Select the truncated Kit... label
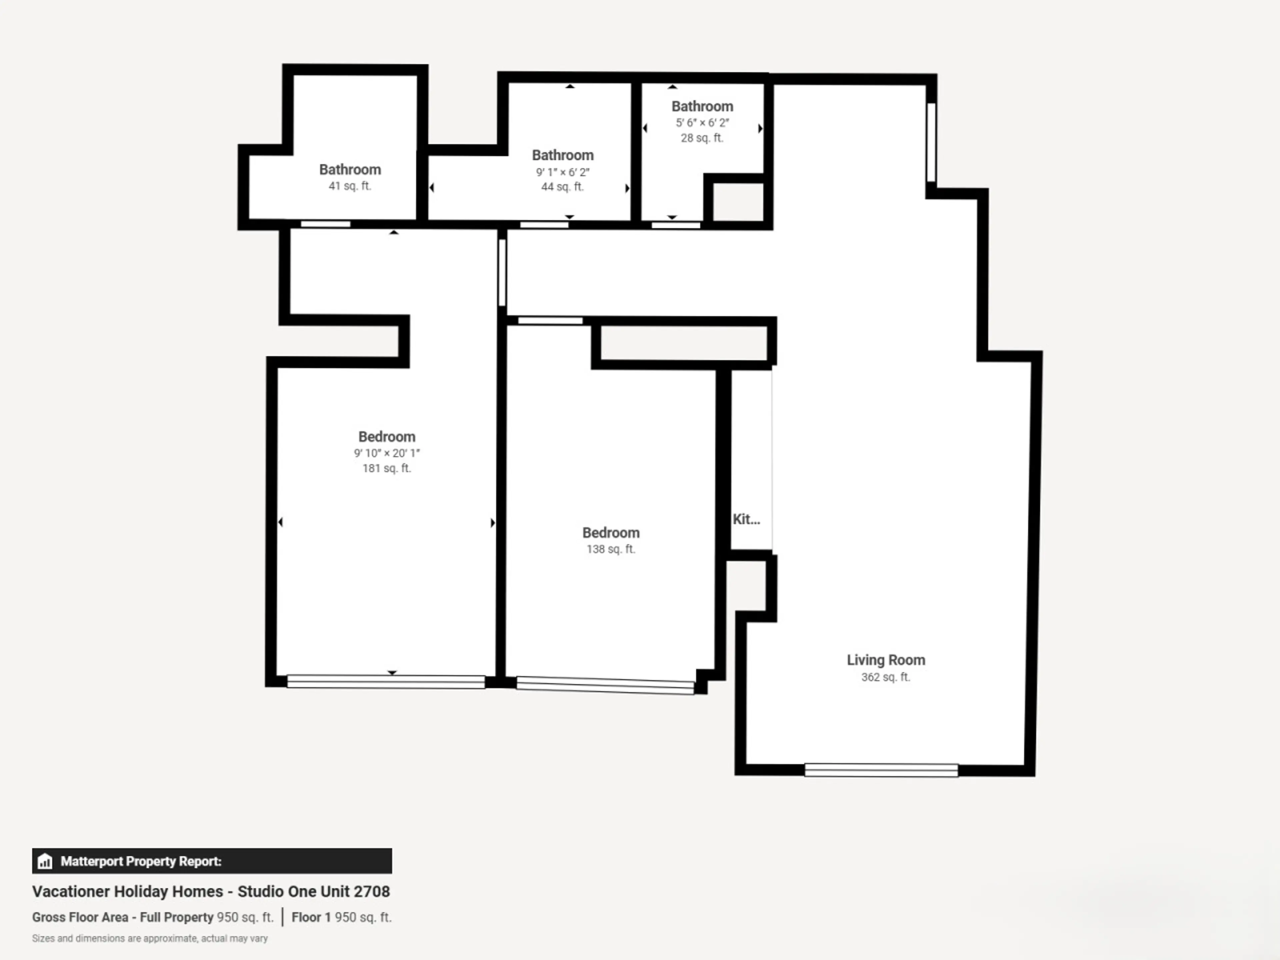pyautogui.click(x=746, y=519)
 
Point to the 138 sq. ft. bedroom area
pyautogui.click(x=611, y=549)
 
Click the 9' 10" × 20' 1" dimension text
pyautogui.click(x=387, y=453)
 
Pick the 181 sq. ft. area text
pyautogui.click(x=387, y=468)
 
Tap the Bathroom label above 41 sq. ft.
pyautogui.click(x=350, y=170)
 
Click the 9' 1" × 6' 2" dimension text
pyautogui.click(x=562, y=172)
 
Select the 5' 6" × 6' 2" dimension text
pyautogui.click(x=702, y=123)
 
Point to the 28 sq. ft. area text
pyautogui.click(x=702, y=138)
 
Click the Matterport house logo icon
pyautogui.click(x=45, y=861)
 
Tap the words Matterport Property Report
pyautogui.click(x=141, y=861)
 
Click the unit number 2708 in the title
pyautogui.click(x=372, y=891)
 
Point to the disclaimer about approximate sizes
pyautogui.click(x=150, y=938)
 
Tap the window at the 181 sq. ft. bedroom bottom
pyautogui.click(x=386, y=682)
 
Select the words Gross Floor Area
pyautogui.click(x=80, y=917)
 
